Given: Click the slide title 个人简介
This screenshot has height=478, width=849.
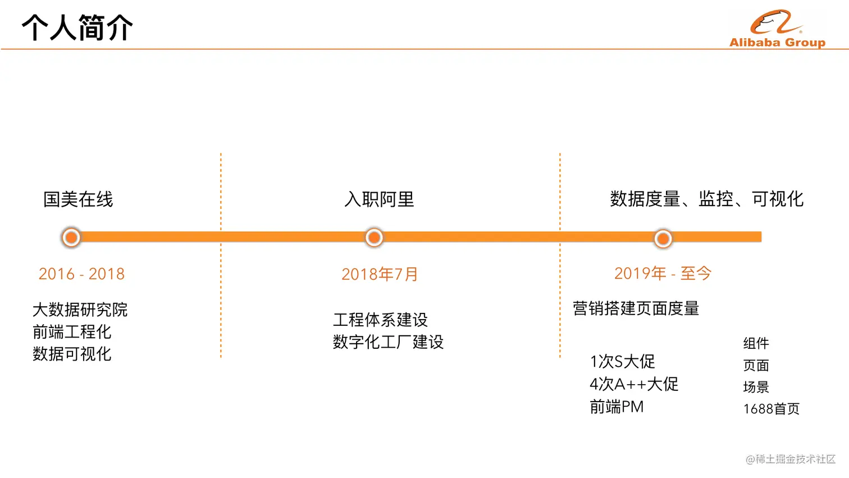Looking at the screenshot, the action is pyautogui.click(x=77, y=28).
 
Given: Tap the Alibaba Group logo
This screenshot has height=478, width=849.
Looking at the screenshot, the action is pyautogui.click(x=777, y=29).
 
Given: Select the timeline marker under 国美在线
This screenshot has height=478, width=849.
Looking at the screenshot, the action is pyautogui.click(x=71, y=238).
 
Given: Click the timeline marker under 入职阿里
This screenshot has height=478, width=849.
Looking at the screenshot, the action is pyautogui.click(x=374, y=238).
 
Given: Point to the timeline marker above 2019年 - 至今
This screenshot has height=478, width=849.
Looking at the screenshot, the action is pyautogui.click(x=663, y=239).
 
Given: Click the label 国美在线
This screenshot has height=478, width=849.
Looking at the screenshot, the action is pyautogui.click(x=78, y=199).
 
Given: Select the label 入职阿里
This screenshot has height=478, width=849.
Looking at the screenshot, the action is pyautogui.click(x=379, y=199).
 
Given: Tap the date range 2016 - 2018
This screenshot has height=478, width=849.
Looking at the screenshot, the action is pyautogui.click(x=81, y=274).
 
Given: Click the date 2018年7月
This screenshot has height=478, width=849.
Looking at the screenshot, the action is pyautogui.click(x=380, y=274).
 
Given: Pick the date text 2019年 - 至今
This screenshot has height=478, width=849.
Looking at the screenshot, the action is pyautogui.click(x=663, y=274).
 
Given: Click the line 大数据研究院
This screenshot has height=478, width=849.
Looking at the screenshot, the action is pyautogui.click(x=80, y=309).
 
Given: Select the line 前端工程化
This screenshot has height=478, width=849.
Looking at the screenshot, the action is pyautogui.click(x=72, y=332).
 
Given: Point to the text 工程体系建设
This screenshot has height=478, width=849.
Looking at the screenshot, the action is pyautogui.click(x=380, y=320).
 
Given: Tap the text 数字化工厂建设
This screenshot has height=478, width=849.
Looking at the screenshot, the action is pyautogui.click(x=388, y=342).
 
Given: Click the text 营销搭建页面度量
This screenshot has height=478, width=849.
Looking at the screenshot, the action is pyautogui.click(x=636, y=308).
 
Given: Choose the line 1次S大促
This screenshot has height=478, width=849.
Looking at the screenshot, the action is pyautogui.click(x=622, y=361).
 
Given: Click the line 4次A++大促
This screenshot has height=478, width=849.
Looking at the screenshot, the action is pyautogui.click(x=634, y=384).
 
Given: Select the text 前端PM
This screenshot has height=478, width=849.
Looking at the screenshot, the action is pyautogui.click(x=617, y=407).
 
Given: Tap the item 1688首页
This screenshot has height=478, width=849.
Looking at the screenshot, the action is pyautogui.click(x=771, y=409).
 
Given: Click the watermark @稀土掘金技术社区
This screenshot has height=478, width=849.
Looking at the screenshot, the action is pyautogui.click(x=790, y=459).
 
